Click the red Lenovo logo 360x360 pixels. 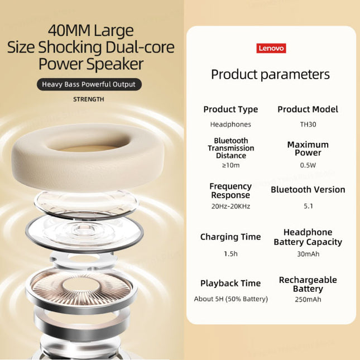[271, 48]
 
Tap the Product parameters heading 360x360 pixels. [270, 75]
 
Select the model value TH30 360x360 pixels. [308, 124]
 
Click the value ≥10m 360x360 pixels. [231, 165]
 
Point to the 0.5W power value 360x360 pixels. [308, 165]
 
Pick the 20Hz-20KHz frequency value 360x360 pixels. [231, 206]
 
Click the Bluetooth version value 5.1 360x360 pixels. [308, 206]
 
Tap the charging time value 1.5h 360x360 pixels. [231, 254]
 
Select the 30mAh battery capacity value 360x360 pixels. [308, 254]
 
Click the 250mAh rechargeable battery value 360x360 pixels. [308, 299]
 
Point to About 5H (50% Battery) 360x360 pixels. [231, 299]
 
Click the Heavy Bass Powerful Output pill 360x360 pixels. [89, 84]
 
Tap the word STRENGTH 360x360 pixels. [89, 99]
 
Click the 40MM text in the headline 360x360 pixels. [69, 31]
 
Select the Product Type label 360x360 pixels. [231, 109]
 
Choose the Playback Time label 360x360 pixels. [231, 284]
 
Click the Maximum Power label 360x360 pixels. [308, 148]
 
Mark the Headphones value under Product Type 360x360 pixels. [231, 124]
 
